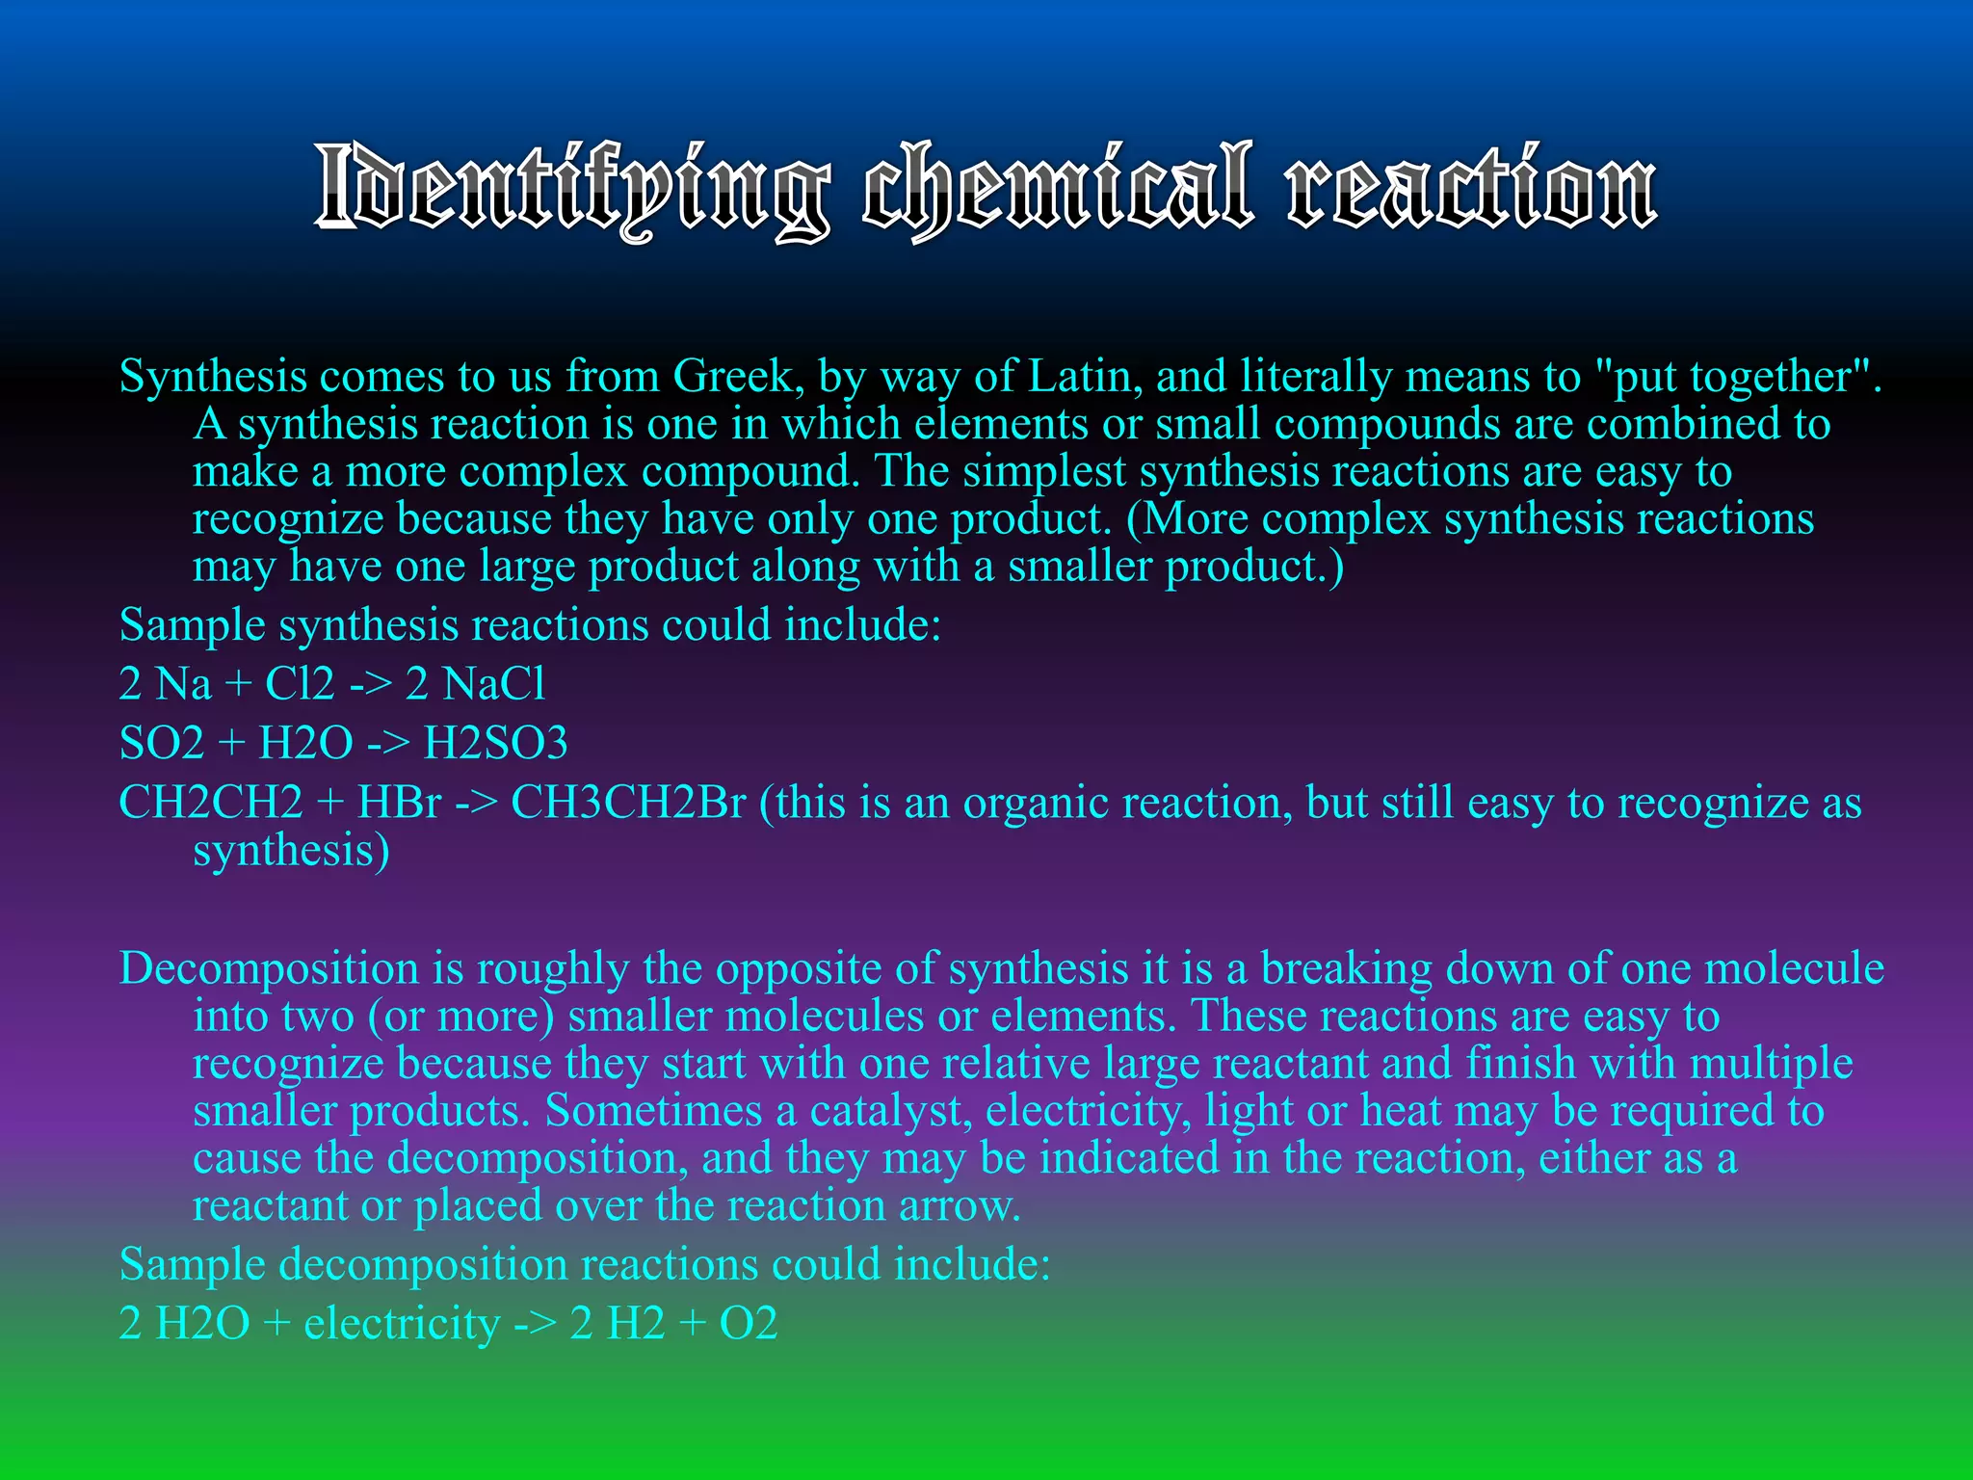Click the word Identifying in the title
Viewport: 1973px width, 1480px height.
tap(572, 189)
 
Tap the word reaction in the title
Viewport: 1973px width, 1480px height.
tap(1472, 189)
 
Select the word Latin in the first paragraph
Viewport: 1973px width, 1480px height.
tap(1085, 376)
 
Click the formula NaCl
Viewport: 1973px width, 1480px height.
tap(494, 684)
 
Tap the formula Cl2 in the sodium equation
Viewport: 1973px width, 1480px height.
tap(300, 684)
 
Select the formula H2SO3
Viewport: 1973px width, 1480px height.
tap(496, 743)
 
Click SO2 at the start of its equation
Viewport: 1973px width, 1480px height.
tap(161, 743)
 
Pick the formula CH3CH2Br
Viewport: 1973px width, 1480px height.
tap(628, 803)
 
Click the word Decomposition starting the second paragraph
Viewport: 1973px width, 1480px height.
tap(269, 969)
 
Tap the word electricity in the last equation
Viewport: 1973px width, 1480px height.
tap(402, 1324)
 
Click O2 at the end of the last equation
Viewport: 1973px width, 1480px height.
tap(749, 1324)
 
